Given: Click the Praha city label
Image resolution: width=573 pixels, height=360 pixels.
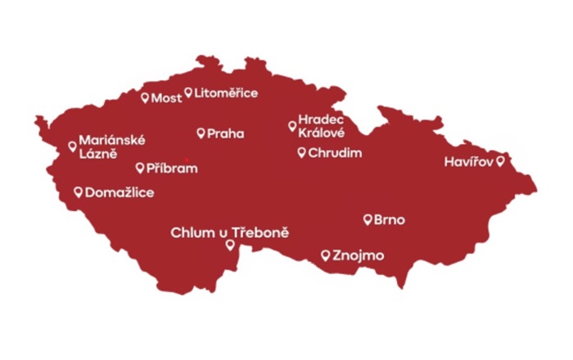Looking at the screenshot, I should pyautogui.click(x=225, y=133).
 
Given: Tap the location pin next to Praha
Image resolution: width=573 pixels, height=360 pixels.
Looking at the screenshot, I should pyautogui.click(x=201, y=133).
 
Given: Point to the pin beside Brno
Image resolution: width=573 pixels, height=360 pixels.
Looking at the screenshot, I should pyautogui.click(x=368, y=218).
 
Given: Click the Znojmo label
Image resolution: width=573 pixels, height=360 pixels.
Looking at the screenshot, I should pyautogui.click(x=359, y=255).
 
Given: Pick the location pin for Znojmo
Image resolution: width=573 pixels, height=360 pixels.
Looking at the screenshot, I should pyautogui.click(x=326, y=254).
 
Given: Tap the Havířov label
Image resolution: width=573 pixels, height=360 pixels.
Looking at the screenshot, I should pyautogui.click(x=469, y=162).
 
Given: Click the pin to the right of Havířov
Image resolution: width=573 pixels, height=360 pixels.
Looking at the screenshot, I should pyautogui.click(x=500, y=161).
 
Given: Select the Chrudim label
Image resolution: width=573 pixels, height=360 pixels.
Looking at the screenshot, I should pyautogui.click(x=335, y=153).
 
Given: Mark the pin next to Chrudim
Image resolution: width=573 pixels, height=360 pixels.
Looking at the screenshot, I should pyautogui.click(x=301, y=152).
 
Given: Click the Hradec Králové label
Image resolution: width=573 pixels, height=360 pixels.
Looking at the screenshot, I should pyautogui.click(x=322, y=126).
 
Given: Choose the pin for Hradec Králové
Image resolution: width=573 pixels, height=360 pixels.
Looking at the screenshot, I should pyautogui.click(x=292, y=125).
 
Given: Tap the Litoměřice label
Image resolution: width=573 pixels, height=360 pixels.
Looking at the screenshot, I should pyautogui.click(x=226, y=93).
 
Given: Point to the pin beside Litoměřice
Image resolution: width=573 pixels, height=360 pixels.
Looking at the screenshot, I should pyautogui.click(x=188, y=92).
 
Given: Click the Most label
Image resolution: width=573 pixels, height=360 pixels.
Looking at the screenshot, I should pyautogui.click(x=167, y=98).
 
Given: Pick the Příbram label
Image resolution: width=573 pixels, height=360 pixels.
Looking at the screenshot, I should pyautogui.click(x=173, y=169).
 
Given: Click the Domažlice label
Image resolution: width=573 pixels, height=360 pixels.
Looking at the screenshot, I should pyautogui.click(x=120, y=192).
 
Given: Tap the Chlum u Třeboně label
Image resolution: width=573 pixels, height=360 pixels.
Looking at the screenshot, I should pyautogui.click(x=229, y=233).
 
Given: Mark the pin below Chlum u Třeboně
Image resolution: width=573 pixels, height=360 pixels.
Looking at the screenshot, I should pyautogui.click(x=230, y=244).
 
